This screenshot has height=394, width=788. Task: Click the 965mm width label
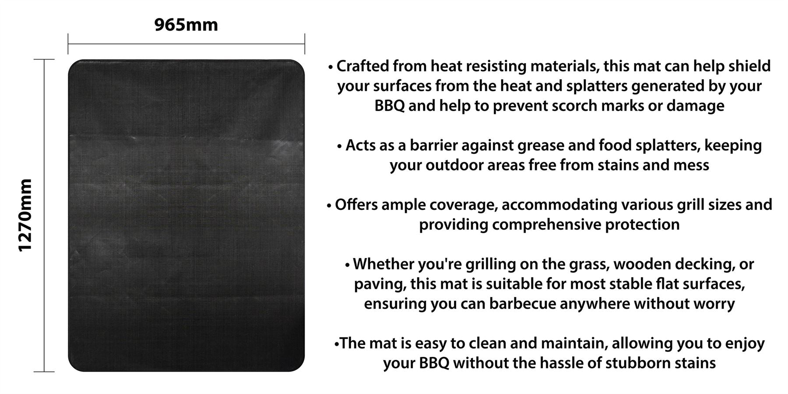click(x=186, y=25)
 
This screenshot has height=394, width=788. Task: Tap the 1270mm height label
click(x=25, y=215)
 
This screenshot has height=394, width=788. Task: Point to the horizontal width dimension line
click(x=186, y=44)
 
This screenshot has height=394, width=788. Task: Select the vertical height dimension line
click(x=44, y=215)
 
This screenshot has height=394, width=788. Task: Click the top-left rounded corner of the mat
click(x=73, y=64)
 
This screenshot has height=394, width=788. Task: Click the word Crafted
click(x=362, y=66)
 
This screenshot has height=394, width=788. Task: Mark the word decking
click(x=705, y=264)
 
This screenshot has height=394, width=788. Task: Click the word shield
click(x=749, y=66)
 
